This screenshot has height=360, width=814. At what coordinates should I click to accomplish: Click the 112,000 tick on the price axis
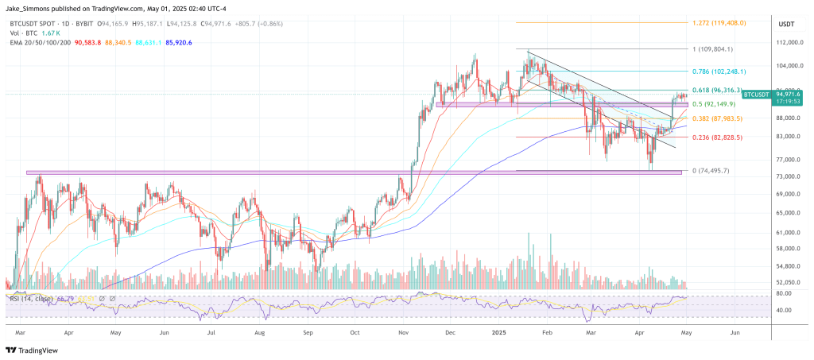pos(786,43)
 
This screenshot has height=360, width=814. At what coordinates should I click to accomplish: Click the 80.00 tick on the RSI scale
pos(783,293)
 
